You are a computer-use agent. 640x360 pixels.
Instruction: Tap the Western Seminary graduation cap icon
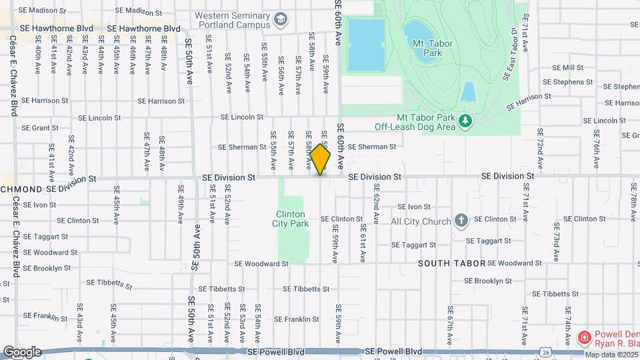pyautogui.click(x=280, y=19)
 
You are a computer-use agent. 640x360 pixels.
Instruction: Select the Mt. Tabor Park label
pyautogui.click(x=427, y=48)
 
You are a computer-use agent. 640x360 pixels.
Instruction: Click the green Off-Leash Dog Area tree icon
pyautogui.click(x=465, y=120)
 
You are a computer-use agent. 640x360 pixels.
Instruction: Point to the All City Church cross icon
pyautogui.click(x=461, y=221)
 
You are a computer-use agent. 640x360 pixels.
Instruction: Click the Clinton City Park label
pyautogui.click(x=292, y=219)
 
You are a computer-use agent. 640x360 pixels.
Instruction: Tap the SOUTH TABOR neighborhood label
pyautogui.click(x=451, y=264)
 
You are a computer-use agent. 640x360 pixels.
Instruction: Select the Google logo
pyautogui.click(x=22, y=351)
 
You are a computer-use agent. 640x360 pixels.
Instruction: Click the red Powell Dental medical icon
pyautogui.click(x=585, y=337)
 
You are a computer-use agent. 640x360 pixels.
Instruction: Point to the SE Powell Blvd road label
pyautogui.click(x=393, y=351)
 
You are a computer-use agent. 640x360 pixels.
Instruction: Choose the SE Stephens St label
pyautogui.click(x=567, y=82)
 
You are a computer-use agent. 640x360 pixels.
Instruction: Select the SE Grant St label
pyautogui.click(x=40, y=128)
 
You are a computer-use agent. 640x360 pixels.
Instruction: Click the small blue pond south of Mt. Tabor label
pyautogui.click(x=467, y=92)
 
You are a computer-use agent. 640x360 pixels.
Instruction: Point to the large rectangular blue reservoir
pyautogui.click(x=366, y=44)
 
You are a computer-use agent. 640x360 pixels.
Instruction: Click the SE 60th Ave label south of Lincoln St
pyautogui.click(x=340, y=145)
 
